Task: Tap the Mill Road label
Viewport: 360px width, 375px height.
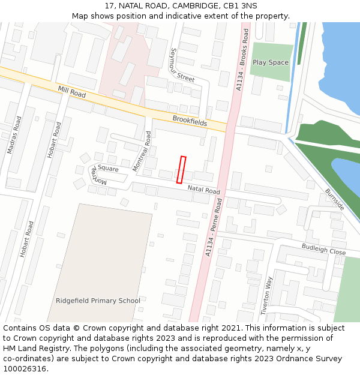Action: (72, 92)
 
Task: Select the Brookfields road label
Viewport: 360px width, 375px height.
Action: (190, 121)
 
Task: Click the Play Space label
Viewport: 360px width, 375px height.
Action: (271, 62)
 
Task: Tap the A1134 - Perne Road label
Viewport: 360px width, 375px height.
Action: (217, 229)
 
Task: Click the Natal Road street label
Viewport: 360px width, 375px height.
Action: (203, 190)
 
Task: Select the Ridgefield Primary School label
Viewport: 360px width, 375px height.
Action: (98, 301)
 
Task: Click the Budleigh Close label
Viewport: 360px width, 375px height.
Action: (323, 249)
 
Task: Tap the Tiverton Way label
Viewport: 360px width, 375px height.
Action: (267, 295)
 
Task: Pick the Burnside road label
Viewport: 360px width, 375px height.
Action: (335, 199)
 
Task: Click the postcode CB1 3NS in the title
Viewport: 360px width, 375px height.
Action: (240, 6)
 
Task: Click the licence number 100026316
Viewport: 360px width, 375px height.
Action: (25, 368)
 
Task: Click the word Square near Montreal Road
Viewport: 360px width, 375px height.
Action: (108, 169)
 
